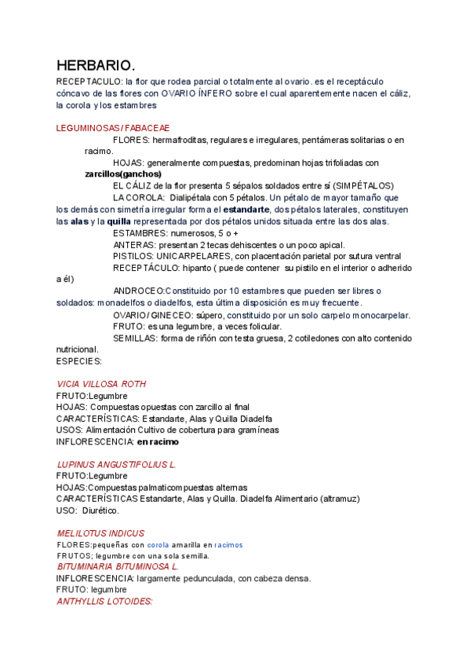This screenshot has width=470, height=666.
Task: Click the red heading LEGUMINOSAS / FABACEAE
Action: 113,128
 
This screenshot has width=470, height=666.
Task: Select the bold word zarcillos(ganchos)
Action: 123,174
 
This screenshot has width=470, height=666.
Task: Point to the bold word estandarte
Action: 246,210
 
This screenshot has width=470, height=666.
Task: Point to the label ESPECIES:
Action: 79,361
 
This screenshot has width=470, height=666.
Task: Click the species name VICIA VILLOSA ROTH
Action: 101,384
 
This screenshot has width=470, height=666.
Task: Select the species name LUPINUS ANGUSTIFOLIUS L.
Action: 116,465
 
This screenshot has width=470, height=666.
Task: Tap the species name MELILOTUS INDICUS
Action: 100,533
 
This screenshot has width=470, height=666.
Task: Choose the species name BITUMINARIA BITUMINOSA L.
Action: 118,566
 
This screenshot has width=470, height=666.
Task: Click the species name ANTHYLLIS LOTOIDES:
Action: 104,601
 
